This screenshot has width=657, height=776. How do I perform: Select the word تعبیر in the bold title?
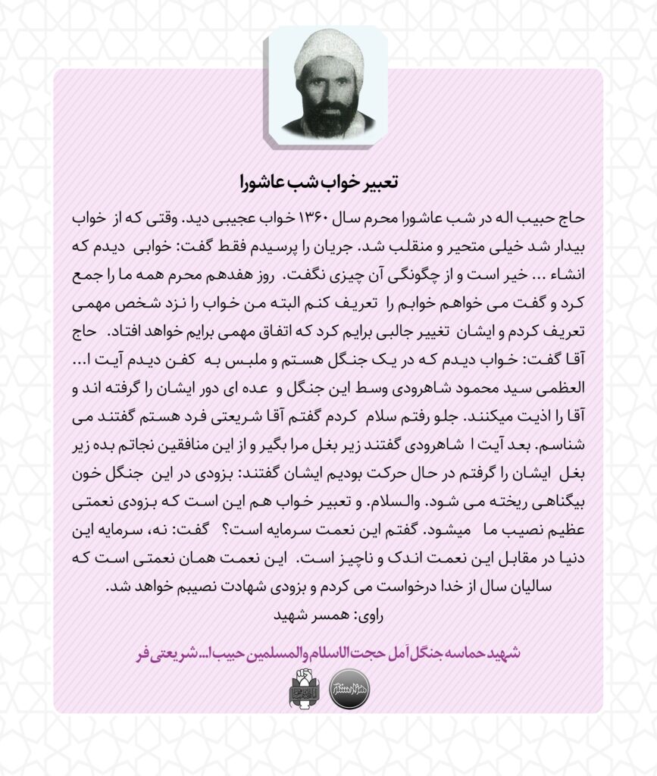pos(377,183)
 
